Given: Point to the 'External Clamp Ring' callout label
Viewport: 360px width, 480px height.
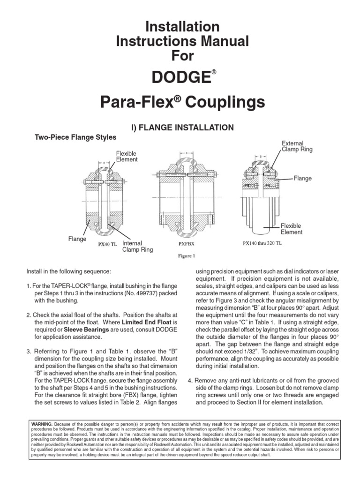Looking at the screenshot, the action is (x=296, y=146).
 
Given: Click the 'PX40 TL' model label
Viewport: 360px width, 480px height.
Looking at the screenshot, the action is (x=107, y=244).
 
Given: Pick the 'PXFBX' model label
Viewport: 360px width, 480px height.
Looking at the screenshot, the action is (x=187, y=244).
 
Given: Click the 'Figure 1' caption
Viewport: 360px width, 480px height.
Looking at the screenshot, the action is (x=186, y=256).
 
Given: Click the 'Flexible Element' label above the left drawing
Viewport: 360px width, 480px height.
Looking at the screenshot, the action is (x=127, y=156).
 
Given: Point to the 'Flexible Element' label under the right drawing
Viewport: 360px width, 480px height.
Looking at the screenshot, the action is (x=292, y=229).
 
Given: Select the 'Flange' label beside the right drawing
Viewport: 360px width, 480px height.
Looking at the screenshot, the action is (x=303, y=179).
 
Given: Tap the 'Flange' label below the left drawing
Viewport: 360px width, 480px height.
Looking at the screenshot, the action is (x=77, y=239).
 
